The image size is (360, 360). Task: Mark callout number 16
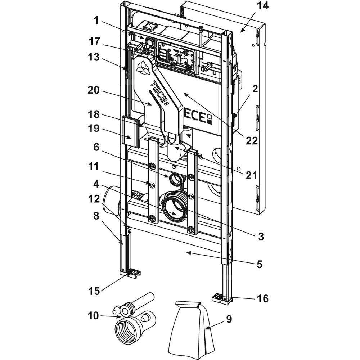click(x=263, y=298)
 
